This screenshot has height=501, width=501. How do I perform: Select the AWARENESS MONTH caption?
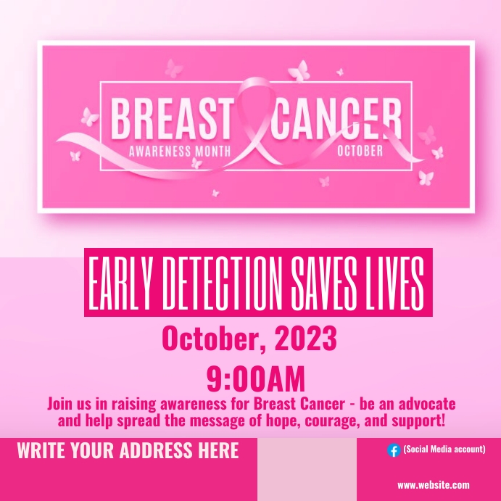[179, 152]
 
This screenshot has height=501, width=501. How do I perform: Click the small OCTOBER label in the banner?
[360, 152]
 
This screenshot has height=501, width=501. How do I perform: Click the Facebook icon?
[394, 450]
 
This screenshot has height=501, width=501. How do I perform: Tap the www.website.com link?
[434, 485]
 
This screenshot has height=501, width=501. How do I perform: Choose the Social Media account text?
[444, 450]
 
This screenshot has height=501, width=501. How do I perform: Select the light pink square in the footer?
[307, 469]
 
